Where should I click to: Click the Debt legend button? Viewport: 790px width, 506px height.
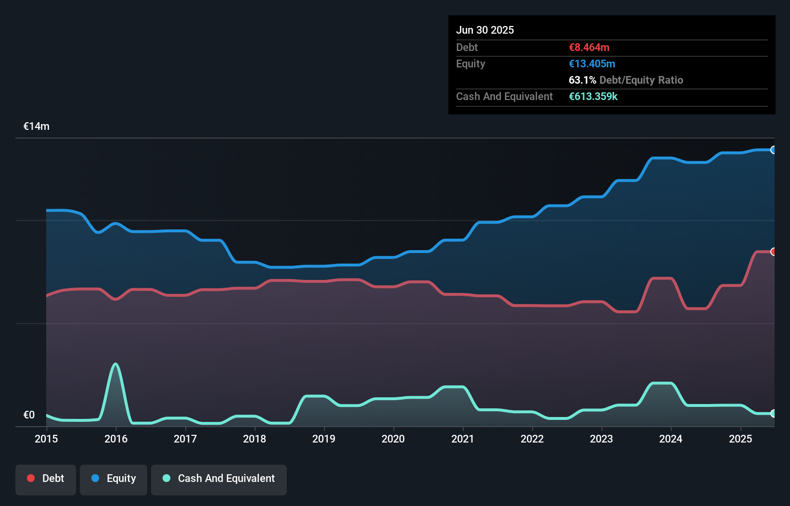coord(46,479)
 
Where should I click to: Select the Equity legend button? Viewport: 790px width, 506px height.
coord(114,479)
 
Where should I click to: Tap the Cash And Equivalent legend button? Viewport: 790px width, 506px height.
coord(219,479)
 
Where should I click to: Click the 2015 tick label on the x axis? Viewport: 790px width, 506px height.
coord(46,439)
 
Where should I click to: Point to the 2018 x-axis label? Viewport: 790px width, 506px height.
coord(255,439)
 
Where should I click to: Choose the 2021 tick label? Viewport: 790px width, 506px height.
coord(462,439)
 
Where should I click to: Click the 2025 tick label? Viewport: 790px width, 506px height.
coord(740,439)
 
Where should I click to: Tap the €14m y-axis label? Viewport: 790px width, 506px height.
coord(37,126)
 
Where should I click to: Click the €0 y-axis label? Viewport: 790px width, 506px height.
coord(29,415)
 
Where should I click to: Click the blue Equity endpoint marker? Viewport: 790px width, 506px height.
coord(773,150)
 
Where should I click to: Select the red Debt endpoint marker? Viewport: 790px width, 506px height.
coord(773,252)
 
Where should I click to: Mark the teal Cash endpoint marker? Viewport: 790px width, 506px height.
coord(773,413)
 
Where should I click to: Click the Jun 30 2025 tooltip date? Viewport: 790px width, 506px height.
coord(485,30)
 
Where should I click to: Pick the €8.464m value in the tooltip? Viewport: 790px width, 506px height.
coord(589,47)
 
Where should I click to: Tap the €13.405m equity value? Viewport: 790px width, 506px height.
coord(592,63)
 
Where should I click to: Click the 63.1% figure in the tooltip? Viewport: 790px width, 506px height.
coord(582,80)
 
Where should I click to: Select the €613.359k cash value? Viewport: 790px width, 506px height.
coord(593,96)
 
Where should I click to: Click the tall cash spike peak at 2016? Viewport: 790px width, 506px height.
coord(115,364)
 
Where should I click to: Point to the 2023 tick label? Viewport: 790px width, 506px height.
coord(601,439)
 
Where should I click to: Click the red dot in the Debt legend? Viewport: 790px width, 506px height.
coord(31,478)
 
